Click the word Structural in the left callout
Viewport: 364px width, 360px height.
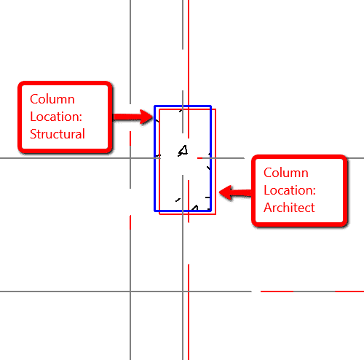coord(58,134)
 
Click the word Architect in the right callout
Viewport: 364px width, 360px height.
coord(289,208)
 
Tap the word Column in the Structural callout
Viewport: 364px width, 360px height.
coord(52,99)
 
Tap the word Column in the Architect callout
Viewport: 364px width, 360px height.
coord(286,173)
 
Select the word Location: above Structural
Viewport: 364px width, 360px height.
coord(56,117)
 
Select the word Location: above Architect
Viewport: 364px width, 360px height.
coord(290,190)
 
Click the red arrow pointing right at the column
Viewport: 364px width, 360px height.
coord(133,117)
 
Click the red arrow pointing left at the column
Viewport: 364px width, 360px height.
coord(235,192)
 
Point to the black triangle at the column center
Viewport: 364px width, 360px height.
coord(183,151)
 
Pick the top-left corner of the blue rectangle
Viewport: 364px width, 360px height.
coord(154,106)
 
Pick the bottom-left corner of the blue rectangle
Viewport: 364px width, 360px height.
coord(154,211)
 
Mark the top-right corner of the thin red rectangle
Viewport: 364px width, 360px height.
coord(215,109)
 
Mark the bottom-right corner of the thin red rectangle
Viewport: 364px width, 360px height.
coord(215,214)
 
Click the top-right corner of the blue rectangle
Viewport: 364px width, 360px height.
coord(211,106)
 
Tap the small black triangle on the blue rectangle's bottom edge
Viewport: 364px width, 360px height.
coord(195,208)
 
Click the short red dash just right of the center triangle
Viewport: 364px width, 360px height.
coord(199,158)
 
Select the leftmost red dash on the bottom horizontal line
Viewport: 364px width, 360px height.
coord(277,291)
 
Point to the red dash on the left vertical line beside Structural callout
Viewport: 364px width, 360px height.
coord(130,138)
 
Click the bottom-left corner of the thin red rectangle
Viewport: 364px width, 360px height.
coord(159,214)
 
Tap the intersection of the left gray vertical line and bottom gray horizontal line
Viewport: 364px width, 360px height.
coord(130,291)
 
